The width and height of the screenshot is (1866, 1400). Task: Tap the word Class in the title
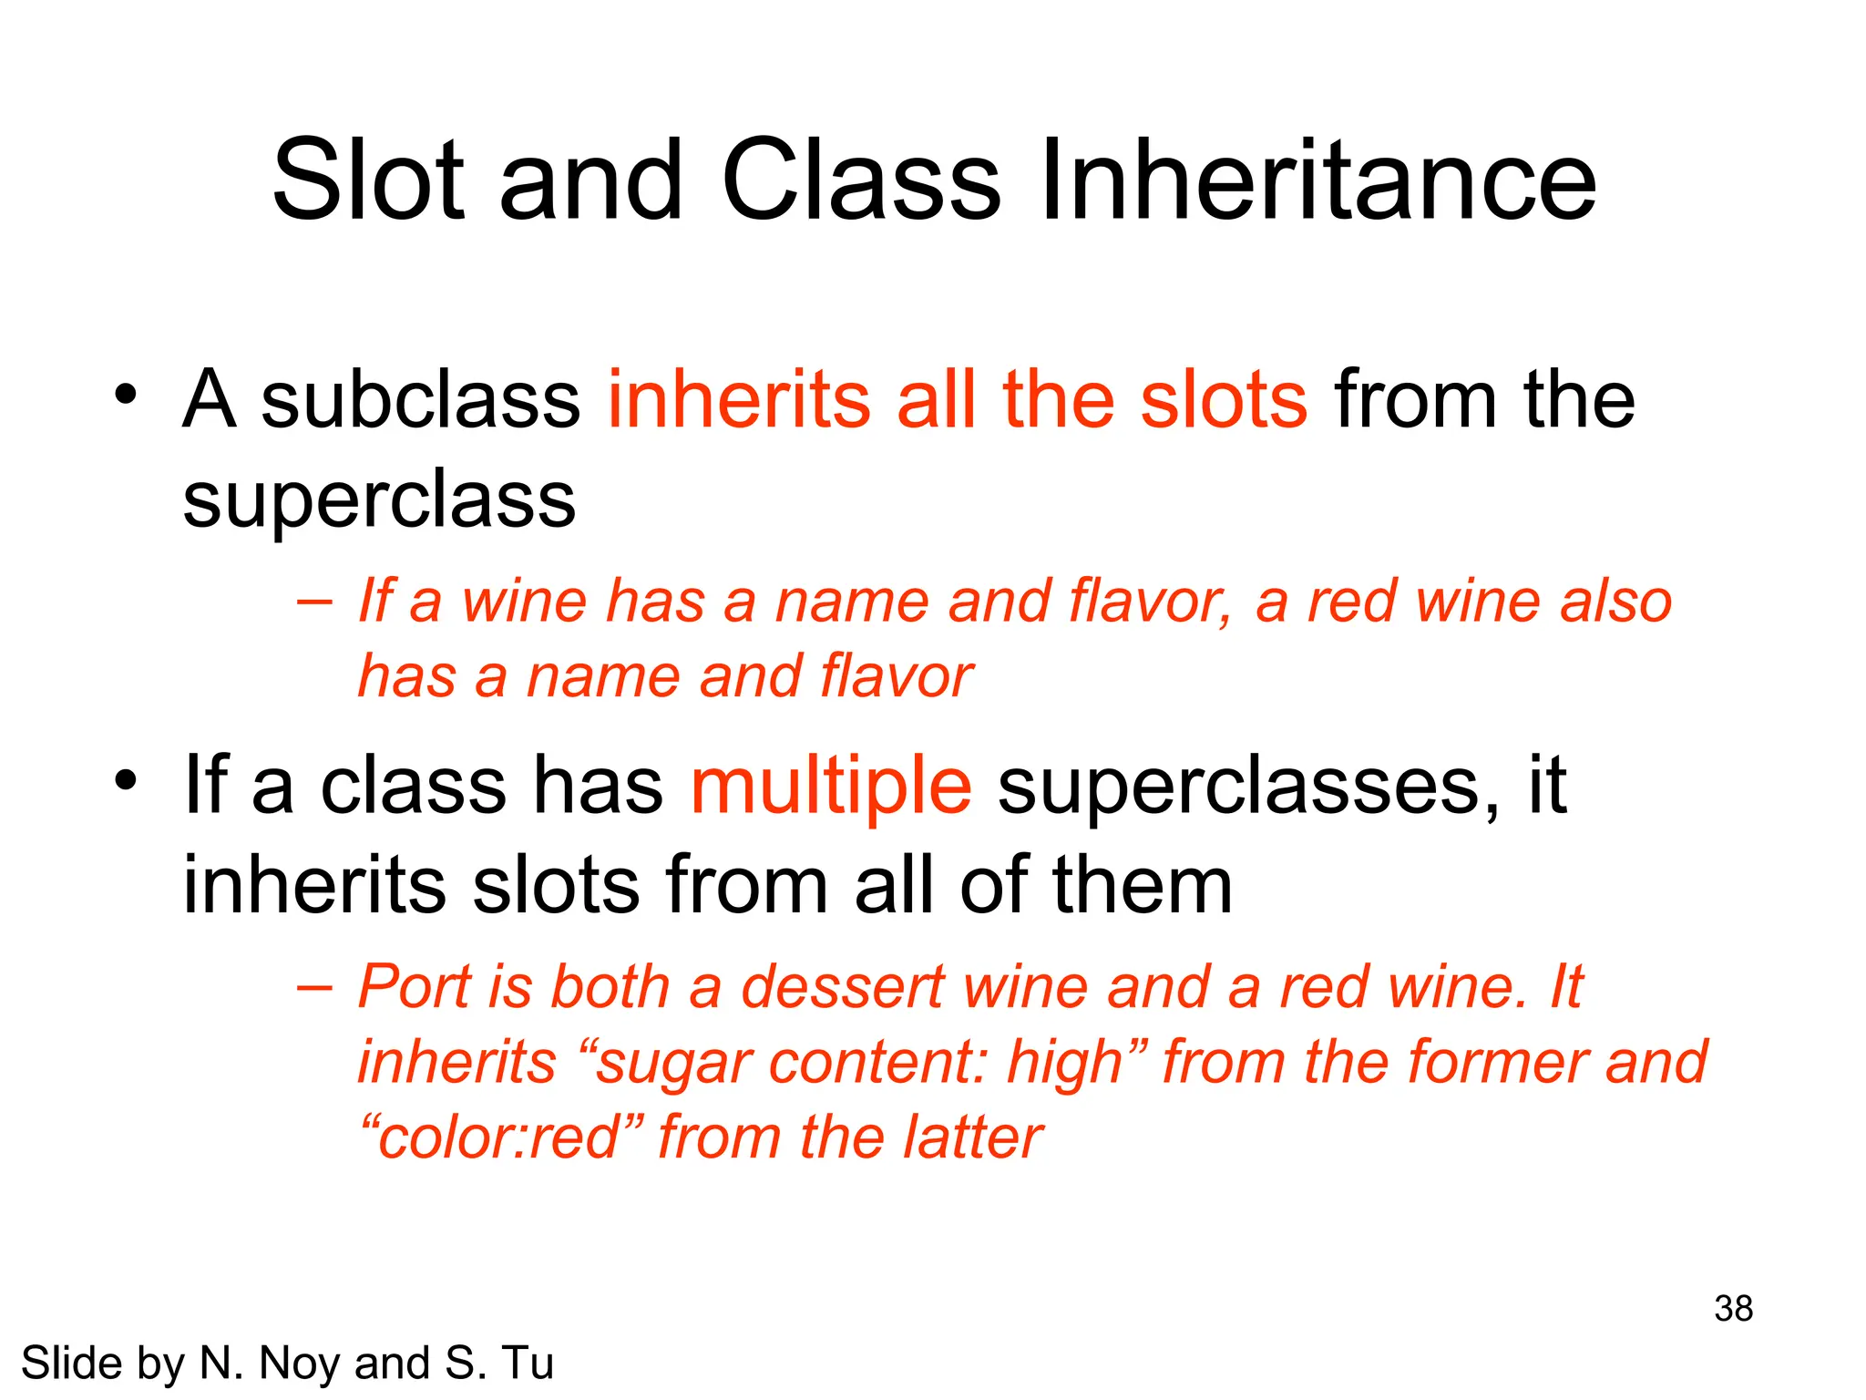tap(861, 180)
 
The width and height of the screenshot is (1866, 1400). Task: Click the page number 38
tap(1733, 1309)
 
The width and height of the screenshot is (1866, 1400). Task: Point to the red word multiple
tap(831, 786)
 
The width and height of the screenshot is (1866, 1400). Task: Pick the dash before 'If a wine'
tap(314, 602)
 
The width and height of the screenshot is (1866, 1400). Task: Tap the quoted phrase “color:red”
tap(500, 1137)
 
